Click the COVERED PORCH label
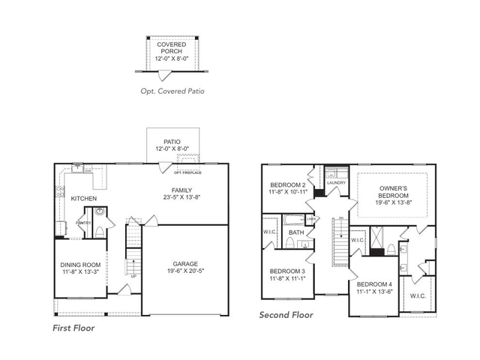[171, 49]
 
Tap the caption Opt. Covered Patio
[172, 91]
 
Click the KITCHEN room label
[83, 199]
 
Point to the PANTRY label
[83, 222]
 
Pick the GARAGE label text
[185, 265]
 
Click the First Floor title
[73, 328]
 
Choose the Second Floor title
[286, 315]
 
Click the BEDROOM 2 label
[287, 184]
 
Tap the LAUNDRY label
[335, 182]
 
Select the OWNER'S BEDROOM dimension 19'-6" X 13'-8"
[391, 202]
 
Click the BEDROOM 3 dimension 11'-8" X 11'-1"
[287, 278]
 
